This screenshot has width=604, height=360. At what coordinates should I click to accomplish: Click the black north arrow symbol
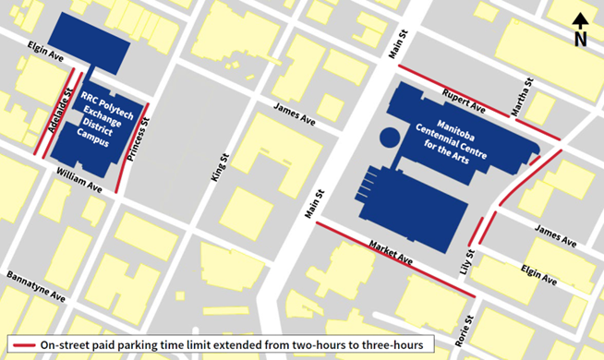click(579, 20)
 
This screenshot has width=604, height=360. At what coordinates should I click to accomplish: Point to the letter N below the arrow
click(579, 39)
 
